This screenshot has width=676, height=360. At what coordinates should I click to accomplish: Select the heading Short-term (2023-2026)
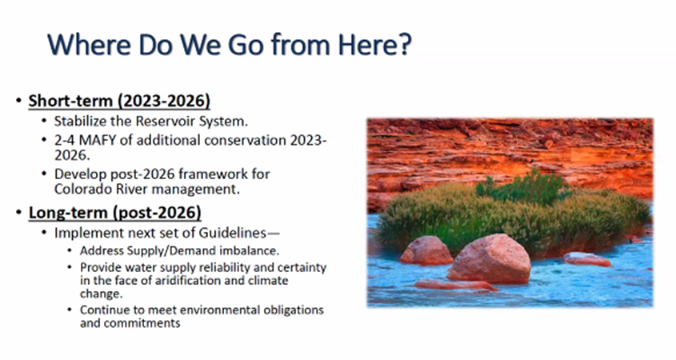[119, 101]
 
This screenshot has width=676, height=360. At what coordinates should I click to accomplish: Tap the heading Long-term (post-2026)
[114, 213]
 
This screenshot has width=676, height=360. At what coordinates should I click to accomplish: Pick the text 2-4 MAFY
[86, 140]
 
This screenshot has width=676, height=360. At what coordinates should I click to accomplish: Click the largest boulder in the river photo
[490, 258]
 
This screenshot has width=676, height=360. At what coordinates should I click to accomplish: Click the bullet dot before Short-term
[18, 101]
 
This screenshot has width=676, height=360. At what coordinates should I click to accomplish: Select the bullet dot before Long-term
[18, 213]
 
